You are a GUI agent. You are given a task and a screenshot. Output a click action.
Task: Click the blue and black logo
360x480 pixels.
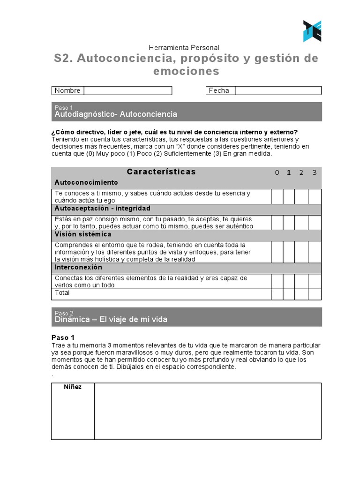coord(312,31)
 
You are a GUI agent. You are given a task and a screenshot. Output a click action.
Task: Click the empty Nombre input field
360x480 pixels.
coord(127,90)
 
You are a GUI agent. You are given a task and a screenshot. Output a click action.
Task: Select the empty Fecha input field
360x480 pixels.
coord(278,90)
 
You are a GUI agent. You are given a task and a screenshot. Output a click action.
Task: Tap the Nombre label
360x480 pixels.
coord(67,90)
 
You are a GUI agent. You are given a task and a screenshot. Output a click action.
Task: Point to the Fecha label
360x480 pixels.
coord(219,90)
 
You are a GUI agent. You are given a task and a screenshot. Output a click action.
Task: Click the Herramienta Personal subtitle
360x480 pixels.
coord(184,47)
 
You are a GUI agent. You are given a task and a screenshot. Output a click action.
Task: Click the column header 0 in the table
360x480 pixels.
coord(277,172)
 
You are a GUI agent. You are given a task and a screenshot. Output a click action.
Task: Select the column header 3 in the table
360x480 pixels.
coord(315,172)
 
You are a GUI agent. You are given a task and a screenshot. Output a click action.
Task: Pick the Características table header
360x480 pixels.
coord(161,172)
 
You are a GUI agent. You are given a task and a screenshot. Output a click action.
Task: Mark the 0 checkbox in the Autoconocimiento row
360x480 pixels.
coord(277,197)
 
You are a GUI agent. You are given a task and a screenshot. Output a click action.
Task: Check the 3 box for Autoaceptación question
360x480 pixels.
coord(315,223)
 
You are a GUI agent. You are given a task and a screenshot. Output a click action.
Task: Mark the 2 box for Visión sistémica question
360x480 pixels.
coord(301,252)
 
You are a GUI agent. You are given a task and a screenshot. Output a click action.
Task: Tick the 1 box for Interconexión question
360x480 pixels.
coord(289,281)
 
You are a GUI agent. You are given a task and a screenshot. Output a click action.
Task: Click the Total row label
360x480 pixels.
coord(62,293)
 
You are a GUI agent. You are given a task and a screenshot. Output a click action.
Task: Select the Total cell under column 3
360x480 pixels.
coord(315,294)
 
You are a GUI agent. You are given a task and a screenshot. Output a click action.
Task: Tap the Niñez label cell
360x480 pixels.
coord(73,387)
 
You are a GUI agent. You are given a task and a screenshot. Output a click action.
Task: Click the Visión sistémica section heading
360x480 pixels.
coord(83,234)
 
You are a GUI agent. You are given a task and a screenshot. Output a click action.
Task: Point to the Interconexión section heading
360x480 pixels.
coord(78,267)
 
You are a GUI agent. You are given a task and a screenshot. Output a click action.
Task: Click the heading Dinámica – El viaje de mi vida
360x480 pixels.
coord(111,320)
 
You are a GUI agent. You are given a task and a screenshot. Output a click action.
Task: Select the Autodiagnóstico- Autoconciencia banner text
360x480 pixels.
coord(116,114)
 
